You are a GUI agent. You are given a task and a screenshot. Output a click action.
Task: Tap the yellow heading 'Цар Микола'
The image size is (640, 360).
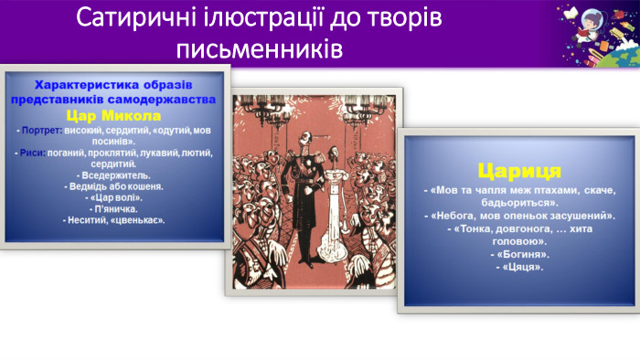(x=113, y=116)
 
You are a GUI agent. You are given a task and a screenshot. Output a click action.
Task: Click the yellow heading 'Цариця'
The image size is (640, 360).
(x=518, y=170)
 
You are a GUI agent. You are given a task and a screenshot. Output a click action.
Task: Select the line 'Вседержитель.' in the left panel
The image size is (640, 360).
(x=113, y=174)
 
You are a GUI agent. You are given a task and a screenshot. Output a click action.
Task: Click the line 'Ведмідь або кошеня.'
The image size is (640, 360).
(x=113, y=185)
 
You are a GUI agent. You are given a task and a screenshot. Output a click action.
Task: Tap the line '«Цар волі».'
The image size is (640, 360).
(x=113, y=196)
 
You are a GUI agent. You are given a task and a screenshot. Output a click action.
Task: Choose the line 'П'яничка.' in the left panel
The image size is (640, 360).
(x=113, y=208)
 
